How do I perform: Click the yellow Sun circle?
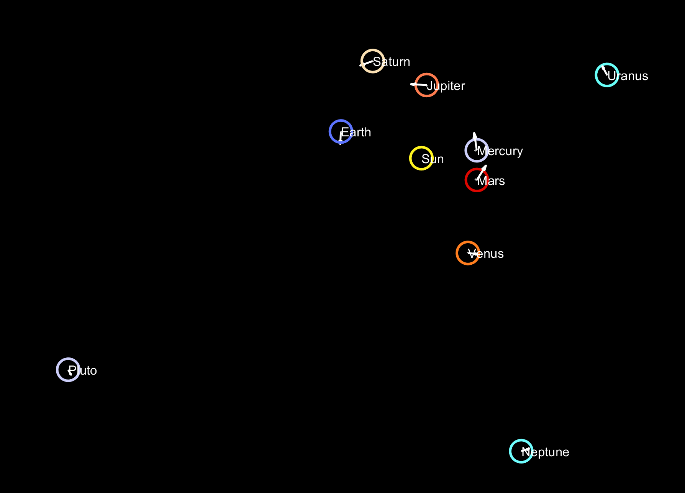pyautogui.click(x=421, y=158)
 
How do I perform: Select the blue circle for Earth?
pyautogui.click(x=341, y=132)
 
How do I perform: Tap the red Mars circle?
pyautogui.click(x=477, y=180)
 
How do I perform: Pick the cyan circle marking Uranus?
pyautogui.click(x=607, y=75)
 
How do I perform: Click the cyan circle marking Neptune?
pyautogui.click(x=521, y=451)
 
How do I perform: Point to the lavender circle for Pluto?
pyautogui.click(x=68, y=370)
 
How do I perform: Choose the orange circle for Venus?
pyautogui.click(x=468, y=253)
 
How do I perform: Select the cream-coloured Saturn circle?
pyautogui.click(x=372, y=61)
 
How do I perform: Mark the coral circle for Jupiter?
pyautogui.click(x=426, y=85)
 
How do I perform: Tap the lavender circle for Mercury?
pyautogui.click(x=477, y=151)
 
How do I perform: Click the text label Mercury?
pyautogui.click(x=500, y=151)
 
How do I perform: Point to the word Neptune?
pyautogui.click(x=546, y=452)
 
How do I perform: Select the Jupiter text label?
pyautogui.click(x=446, y=86)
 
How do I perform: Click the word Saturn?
pyautogui.click(x=392, y=62)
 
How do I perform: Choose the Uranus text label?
pyautogui.click(x=628, y=76)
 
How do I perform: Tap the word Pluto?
pyautogui.click(x=83, y=371)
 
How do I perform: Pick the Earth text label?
pyautogui.click(x=356, y=133)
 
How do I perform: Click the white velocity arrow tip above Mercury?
pyautogui.click(x=474, y=133)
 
